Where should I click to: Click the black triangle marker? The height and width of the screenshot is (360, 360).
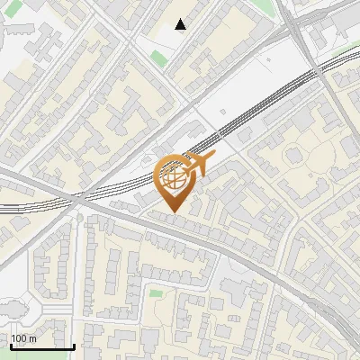point(181,24)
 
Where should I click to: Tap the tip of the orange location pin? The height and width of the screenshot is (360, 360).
point(174,211)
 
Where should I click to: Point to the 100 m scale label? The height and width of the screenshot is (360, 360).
point(23,338)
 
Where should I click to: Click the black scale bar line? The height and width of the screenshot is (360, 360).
point(42,346)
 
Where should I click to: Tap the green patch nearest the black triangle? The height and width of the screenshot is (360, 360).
point(158,59)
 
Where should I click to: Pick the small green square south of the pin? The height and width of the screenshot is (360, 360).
point(157,293)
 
